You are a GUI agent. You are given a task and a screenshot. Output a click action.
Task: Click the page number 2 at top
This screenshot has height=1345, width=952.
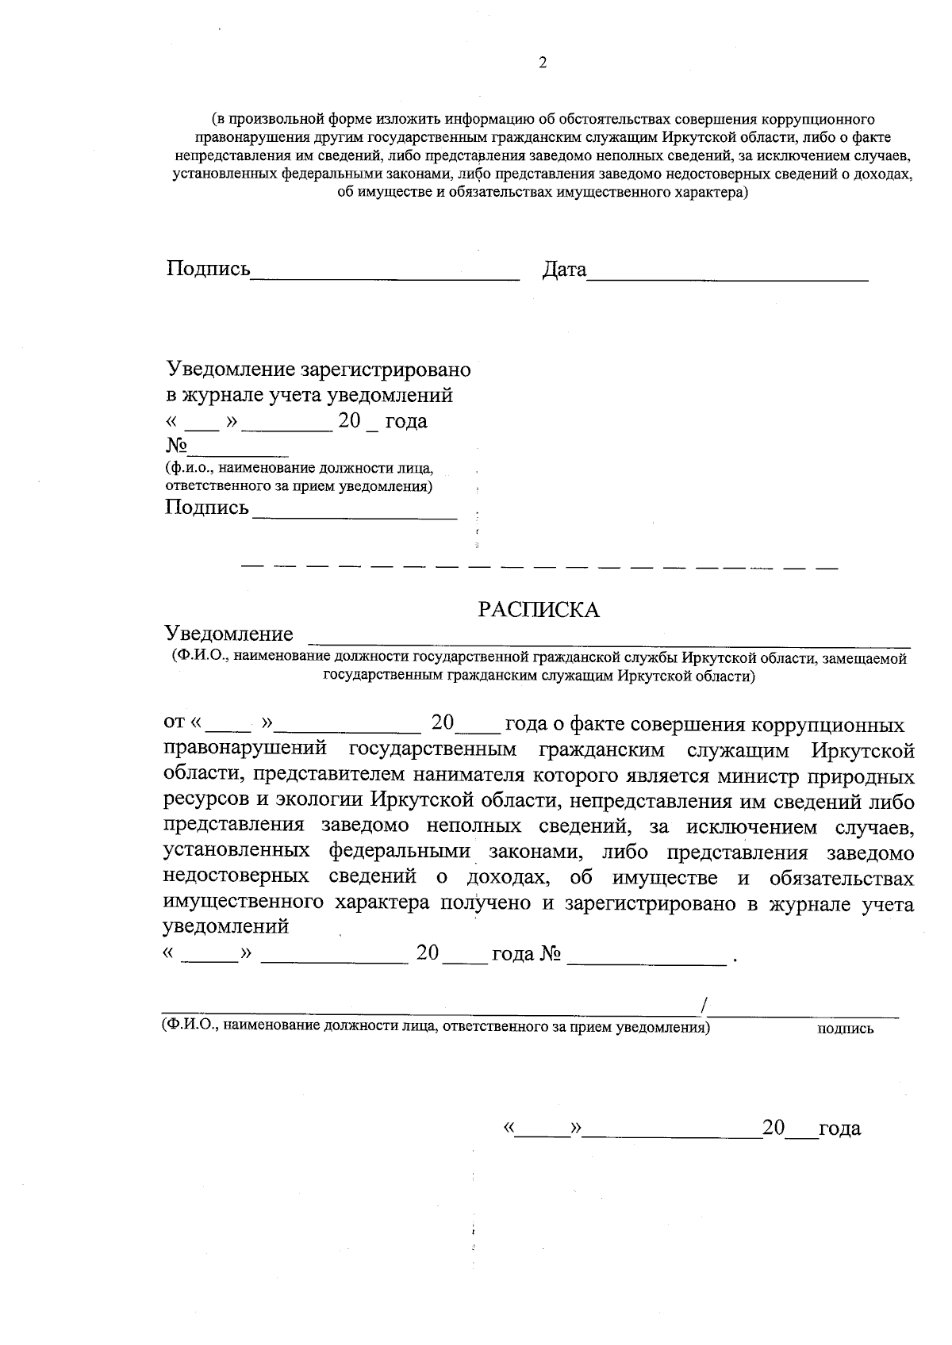point(543,64)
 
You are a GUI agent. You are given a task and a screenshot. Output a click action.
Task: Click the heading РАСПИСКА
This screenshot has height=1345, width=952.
point(538,609)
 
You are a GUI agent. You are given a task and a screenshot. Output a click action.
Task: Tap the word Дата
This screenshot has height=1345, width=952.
point(564,270)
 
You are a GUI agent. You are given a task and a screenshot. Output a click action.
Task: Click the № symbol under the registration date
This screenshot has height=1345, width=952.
point(175,446)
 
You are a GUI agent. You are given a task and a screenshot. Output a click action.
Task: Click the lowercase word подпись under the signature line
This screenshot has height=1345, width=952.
point(845,1029)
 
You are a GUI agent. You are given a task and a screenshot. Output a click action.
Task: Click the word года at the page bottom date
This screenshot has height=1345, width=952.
point(839,1128)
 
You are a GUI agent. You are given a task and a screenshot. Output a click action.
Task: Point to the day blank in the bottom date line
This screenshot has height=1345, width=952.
point(543,1134)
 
